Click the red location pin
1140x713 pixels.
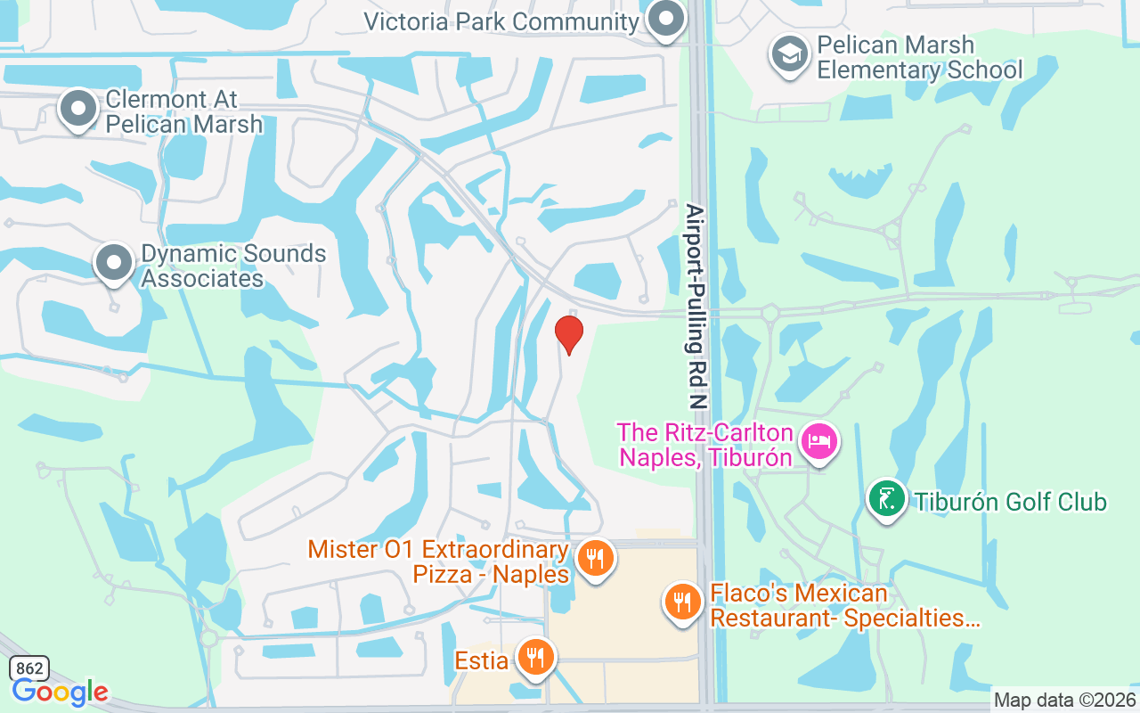point(569,334)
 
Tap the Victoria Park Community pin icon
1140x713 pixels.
point(664,19)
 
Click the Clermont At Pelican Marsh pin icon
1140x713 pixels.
point(78,108)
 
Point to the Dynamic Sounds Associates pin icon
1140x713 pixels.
point(114,262)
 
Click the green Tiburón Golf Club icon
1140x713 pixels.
point(887,499)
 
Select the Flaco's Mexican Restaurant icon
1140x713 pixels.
point(682,602)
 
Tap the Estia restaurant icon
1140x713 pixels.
point(535,658)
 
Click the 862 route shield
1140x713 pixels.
point(28,668)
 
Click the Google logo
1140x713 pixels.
point(60,692)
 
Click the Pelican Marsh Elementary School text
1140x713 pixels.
point(919,57)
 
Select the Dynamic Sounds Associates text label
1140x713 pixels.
point(233,266)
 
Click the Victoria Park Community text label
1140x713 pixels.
point(501,21)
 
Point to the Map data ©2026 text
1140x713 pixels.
point(1065,701)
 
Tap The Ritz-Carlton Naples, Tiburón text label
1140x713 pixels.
point(705,445)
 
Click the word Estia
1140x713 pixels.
point(482,660)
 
